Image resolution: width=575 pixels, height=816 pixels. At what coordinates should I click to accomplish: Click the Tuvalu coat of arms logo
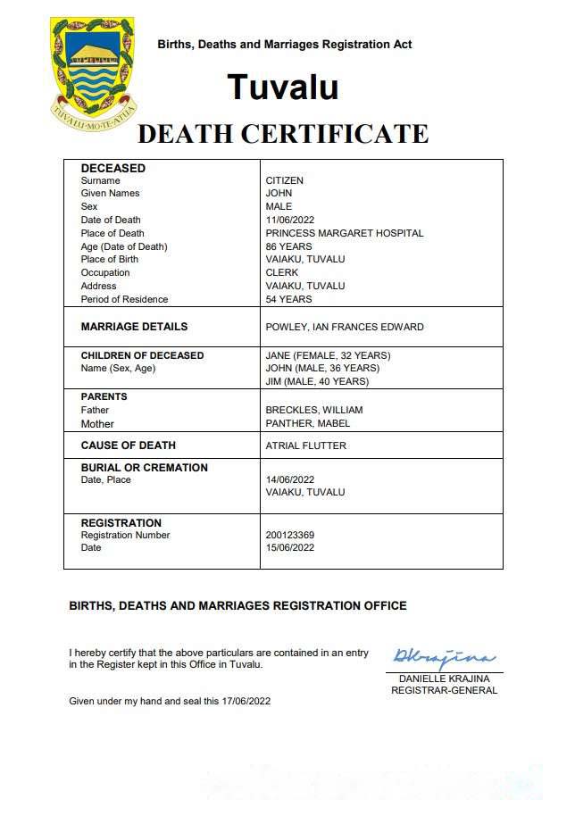(x=93, y=69)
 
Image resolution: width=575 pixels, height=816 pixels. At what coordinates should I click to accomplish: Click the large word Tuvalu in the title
(x=282, y=87)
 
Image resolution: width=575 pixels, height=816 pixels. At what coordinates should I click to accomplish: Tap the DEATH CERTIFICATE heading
(x=283, y=134)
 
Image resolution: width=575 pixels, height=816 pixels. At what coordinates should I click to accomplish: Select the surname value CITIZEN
(x=285, y=180)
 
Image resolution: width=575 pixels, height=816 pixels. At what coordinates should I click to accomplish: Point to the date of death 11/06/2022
(x=291, y=220)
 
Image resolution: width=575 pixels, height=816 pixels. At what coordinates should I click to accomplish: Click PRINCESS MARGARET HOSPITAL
(x=345, y=233)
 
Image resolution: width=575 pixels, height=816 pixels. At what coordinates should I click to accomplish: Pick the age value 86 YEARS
(x=289, y=246)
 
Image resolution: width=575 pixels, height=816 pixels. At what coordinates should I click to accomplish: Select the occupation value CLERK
(x=282, y=272)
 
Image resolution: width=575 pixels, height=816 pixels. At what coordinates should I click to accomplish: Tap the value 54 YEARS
(x=289, y=299)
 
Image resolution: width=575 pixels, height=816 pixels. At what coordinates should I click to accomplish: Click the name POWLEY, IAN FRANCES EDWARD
(x=345, y=327)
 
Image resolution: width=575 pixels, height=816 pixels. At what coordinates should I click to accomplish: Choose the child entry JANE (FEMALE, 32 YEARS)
(x=328, y=355)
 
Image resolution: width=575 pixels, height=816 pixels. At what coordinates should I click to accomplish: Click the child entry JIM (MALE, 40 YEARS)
(x=317, y=381)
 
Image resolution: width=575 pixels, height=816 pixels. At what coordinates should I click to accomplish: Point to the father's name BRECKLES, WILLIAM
(x=314, y=410)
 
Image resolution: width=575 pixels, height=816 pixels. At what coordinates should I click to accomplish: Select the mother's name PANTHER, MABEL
(x=307, y=423)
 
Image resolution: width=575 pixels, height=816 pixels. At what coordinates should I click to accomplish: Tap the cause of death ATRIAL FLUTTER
(x=306, y=445)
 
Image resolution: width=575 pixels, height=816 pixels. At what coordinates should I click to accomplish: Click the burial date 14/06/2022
(x=291, y=479)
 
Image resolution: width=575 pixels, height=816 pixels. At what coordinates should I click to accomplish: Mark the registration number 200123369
(x=290, y=535)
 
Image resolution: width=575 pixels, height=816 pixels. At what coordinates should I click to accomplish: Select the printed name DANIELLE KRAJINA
(x=444, y=679)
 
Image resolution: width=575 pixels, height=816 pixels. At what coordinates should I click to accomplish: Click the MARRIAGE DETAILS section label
(x=134, y=327)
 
